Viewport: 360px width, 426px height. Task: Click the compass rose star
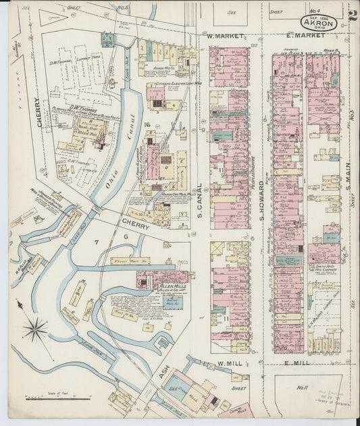[x=34, y=330]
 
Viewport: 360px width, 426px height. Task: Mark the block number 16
[x=145, y=125]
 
